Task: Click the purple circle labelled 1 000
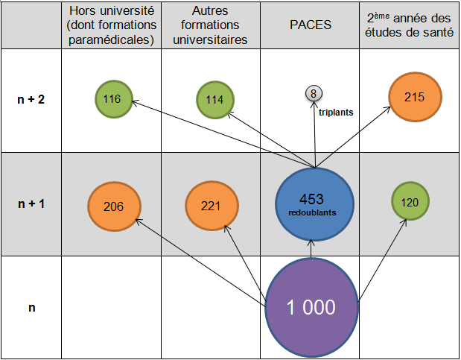pyautogui.click(x=311, y=306)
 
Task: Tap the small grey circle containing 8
pyautogui.click(x=314, y=93)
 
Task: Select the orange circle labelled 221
pyautogui.click(x=211, y=206)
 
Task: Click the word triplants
pyautogui.click(x=335, y=113)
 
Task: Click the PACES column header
pyautogui.click(x=310, y=25)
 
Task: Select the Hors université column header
pyautogui.click(x=111, y=25)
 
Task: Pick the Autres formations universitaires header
pyautogui.click(x=211, y=25)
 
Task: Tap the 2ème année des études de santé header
pyautogui.click(x=409, y=25)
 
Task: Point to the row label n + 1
pyautogui.click(x=31, y=203)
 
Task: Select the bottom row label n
pyautogui.click(x=31, y=306)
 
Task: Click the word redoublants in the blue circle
pyautogui.click(x=314, y=212)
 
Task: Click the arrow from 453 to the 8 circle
pyautogui.click(x=314, y=134)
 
